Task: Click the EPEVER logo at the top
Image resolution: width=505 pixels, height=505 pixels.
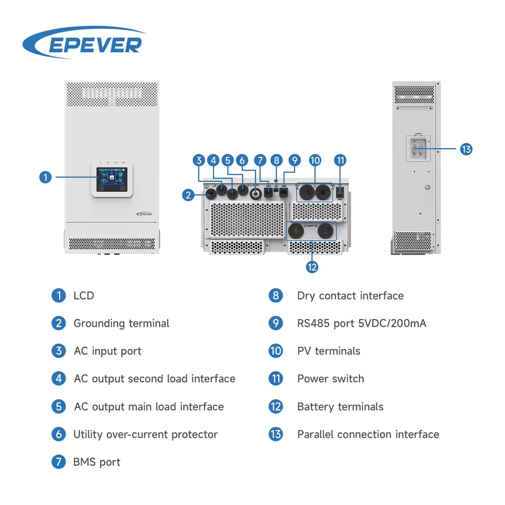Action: coord(84,43)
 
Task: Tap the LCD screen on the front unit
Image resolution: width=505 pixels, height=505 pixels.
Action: coord(112,179)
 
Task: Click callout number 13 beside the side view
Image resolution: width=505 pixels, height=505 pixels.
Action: coord(466,149)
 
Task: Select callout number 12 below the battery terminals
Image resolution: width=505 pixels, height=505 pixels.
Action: coord(312,267)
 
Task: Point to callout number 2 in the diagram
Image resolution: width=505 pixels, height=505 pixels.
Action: coord(188,195)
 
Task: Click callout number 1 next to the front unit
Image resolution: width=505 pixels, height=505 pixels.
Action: coord(45,177)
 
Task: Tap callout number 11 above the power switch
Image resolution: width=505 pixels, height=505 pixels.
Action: coord(340,160)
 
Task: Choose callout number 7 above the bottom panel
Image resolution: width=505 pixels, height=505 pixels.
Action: coord(260,160)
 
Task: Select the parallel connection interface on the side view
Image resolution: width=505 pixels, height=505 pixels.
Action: coord(418,149)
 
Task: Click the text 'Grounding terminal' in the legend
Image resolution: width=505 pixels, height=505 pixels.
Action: coord(121,323)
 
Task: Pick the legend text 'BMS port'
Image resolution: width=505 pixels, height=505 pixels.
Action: coord(97,462)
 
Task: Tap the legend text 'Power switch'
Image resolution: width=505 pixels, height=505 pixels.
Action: coord(330,378)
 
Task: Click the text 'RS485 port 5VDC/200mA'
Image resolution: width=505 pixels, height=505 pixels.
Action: coord(361,323)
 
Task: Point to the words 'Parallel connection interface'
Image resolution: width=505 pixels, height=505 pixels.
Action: coord(368,434)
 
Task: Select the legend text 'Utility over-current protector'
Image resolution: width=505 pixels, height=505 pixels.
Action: coord(145,434)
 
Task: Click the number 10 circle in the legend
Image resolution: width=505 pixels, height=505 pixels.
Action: coord(275,351)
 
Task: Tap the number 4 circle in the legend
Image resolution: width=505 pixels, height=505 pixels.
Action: coord(59,378)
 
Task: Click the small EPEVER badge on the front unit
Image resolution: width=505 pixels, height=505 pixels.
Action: coord(144,214)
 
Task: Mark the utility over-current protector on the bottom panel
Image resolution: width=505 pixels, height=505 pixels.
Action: coord(256,194)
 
